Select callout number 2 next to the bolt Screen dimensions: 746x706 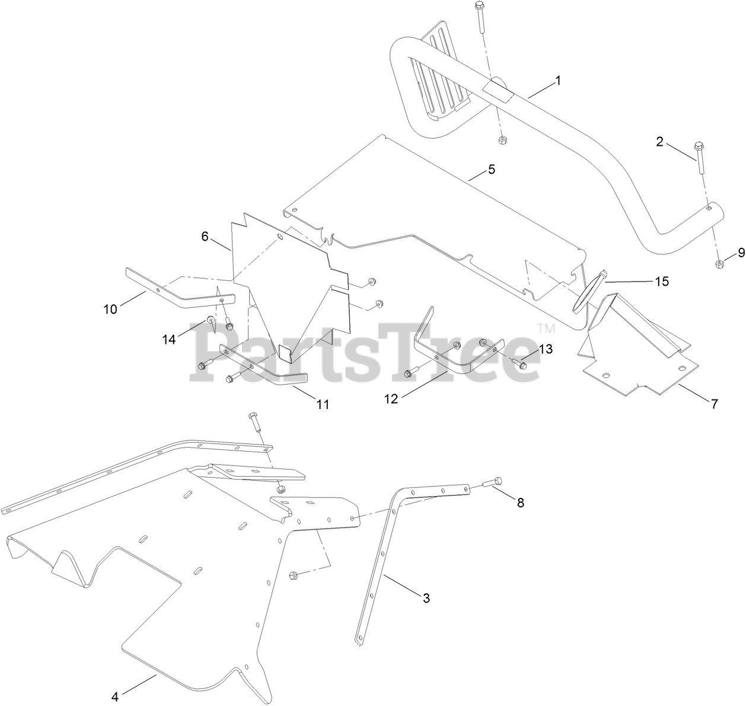(x=659, y=141)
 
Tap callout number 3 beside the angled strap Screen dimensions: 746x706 (x=426, y=598)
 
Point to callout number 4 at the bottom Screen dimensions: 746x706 (x=116, y=696)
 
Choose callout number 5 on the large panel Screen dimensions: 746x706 (x=491, y=170)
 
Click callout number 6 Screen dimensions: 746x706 (x=205, y=237)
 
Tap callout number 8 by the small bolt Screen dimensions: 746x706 (x=521, y=503)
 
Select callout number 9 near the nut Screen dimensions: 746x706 (x=741, y=253)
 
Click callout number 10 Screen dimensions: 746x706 (x=110, y=309)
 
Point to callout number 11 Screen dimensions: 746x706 (x=323, y=404)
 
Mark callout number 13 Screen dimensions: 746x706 (x=546, y=349)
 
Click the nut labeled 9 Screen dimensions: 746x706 (x=719, y=264)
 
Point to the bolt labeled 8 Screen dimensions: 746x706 (x=492, y=483)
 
